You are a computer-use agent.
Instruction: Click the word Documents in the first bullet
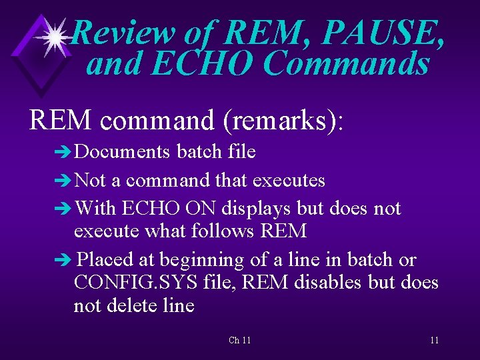[x=122, y=152]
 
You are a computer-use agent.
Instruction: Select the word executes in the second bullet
[x=292, y=180]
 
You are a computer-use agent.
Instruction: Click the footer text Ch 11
[x=239, y=341]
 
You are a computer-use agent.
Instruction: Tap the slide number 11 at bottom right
[x=434, y=341]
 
